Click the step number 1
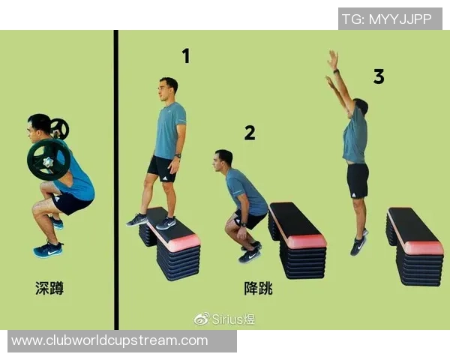tap(186, 56)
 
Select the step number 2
tap(250, 133)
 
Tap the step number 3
tap(379, 76)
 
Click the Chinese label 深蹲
tap(49, 288)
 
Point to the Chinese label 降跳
tap(258, 288)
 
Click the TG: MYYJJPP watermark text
tap(386, 19)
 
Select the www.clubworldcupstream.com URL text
tap(109, 340)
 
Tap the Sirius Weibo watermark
tap(224, 319)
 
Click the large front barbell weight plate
tap(49, 160)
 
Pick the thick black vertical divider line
tap(116, 180)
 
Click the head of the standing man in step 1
tap(168, 88)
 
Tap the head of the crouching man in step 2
tap(223, 160)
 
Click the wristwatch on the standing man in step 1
tap(178, 156)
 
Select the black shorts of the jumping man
tap(358, 181)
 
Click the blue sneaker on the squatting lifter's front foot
tap(48, 250)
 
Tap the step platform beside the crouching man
tap(297, 241)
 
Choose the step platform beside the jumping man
tap(415, 247)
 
